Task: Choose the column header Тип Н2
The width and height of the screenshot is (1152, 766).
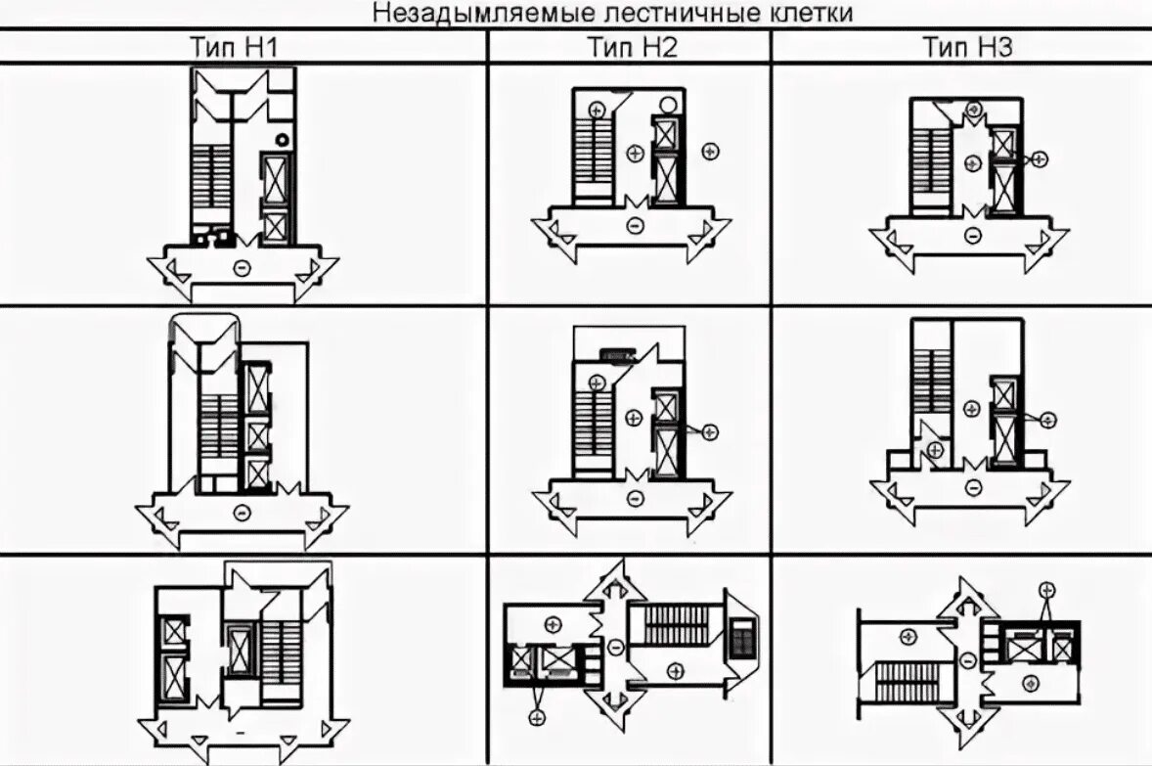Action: click(x=632, y=46)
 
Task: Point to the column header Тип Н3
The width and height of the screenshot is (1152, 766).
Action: click(x=967, y=46)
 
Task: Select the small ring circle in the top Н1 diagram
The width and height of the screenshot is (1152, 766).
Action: click(x=283, y=139)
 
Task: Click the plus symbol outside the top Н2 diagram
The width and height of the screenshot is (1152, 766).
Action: click(x=711, y=151)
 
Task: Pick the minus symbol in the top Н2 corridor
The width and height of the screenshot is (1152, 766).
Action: click(x=634, y=227)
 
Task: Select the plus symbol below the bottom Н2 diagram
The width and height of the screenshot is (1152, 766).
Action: click(x=536, y=719)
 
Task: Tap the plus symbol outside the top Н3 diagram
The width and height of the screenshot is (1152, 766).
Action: click(x=1040, y=158)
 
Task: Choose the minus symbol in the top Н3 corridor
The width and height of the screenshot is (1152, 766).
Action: click(x=971, y=235)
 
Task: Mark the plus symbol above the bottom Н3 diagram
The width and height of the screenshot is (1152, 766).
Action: click(x=1047, y=589)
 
